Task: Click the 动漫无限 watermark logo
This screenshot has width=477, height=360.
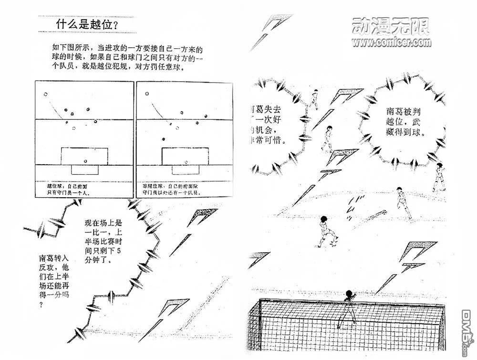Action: point(390,26)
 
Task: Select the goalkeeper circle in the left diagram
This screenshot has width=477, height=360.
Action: point(84,160)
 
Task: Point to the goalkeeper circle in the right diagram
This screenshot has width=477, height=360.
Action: point(186,160)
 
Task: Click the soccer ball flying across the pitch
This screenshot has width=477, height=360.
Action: point(384,213)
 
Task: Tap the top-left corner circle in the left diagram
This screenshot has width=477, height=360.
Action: point(46,94)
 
